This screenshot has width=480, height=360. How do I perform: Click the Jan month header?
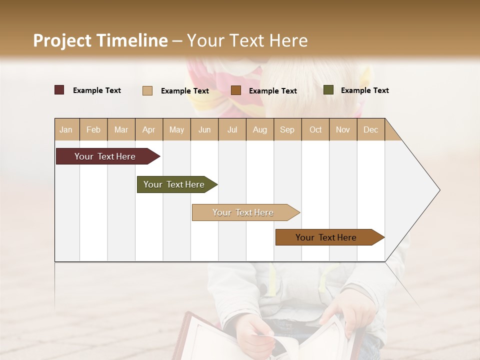66,129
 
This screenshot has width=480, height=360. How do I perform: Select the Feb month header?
93,129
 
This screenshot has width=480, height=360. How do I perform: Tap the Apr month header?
148,129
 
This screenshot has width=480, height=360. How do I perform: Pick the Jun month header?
204,129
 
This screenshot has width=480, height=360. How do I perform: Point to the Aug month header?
259,129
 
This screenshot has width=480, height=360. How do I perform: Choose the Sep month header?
287,129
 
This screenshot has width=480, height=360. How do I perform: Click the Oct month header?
315,129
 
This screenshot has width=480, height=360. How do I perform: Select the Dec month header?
370,129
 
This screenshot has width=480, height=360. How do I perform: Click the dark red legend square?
59,90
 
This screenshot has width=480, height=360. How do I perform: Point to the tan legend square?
147,90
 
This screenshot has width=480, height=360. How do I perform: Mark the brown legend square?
236,90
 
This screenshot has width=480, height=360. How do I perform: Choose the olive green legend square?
328,90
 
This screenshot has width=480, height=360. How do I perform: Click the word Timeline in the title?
132,40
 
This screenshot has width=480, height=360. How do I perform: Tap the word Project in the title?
62,40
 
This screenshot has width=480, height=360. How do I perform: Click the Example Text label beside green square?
364,90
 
